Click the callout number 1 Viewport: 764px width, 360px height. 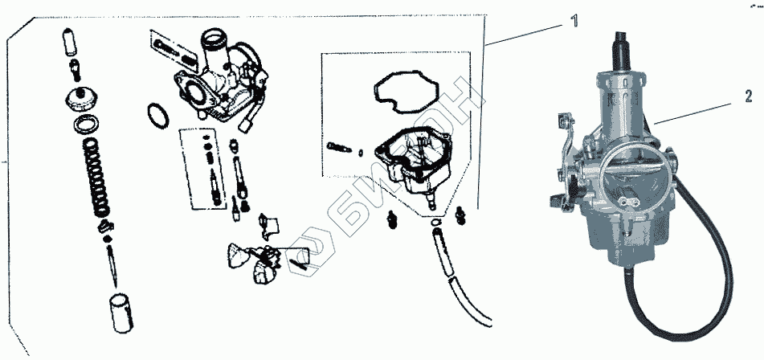click(574, 22)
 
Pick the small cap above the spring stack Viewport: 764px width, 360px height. click(81, 98)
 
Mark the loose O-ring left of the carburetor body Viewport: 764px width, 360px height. click(158, 114)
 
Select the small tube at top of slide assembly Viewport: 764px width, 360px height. click(68, 39)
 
